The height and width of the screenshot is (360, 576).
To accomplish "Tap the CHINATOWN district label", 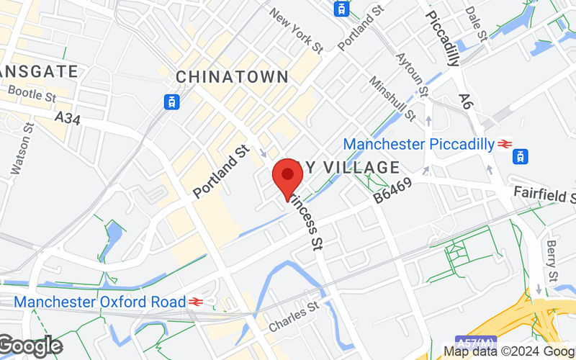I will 232,77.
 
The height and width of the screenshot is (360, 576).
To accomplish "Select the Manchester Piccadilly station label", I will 418,144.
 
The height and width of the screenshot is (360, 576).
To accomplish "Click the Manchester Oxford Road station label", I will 99,302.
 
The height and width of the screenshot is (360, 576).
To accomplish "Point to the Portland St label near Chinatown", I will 221,171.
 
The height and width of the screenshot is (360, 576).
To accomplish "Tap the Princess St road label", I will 306,222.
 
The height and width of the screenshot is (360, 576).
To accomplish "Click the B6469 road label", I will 392,190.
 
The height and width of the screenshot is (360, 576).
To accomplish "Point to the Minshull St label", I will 392,99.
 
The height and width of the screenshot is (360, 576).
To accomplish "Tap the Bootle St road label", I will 32,93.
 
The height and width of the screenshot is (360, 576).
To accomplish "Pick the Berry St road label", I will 552,261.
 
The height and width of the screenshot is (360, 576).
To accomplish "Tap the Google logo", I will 30,346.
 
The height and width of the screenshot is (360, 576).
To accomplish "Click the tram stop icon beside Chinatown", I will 172,102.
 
